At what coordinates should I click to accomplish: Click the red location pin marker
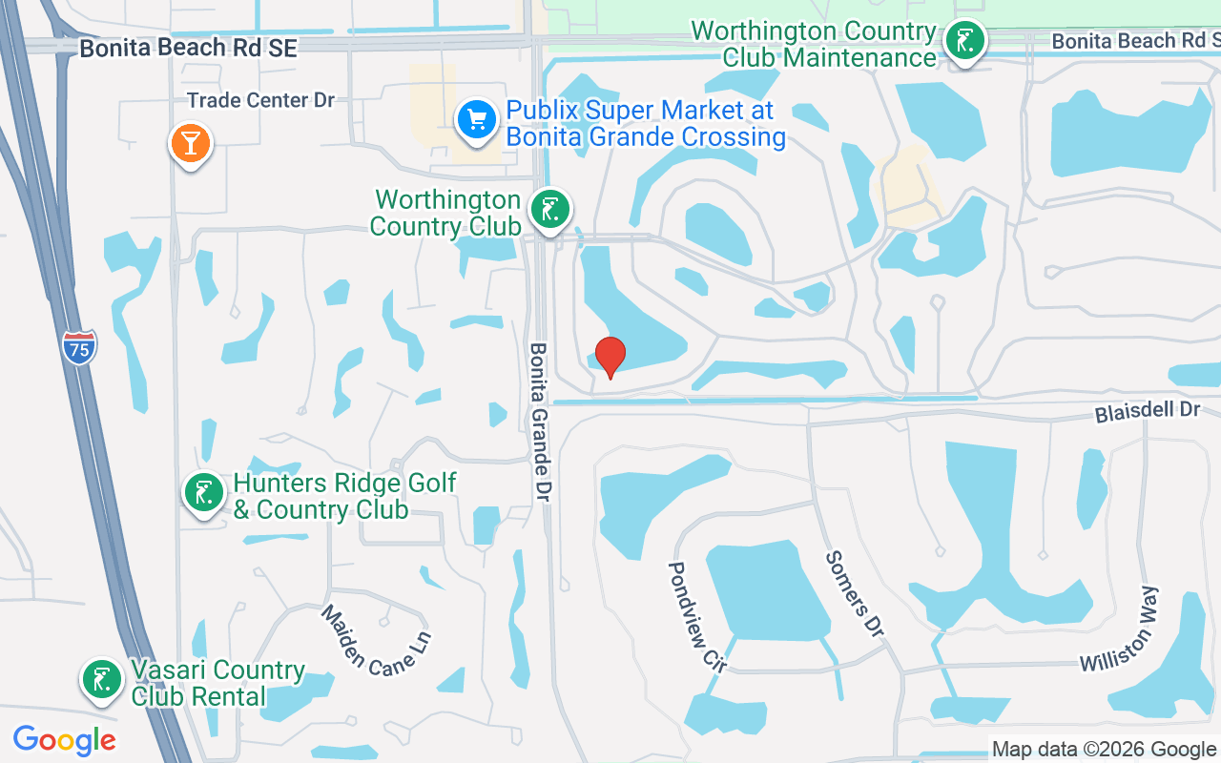(610, 358)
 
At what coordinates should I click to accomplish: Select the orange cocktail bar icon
(191, 144)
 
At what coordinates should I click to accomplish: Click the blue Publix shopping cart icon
(477, 120)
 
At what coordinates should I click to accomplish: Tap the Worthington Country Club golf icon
(549, 209)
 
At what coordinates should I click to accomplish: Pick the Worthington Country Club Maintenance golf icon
(966, 42)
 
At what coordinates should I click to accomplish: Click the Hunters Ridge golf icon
(204, 493)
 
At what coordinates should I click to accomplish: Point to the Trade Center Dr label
(260, 100)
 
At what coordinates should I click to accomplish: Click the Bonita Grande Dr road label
(540, 418)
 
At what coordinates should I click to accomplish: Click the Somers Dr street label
(854, 593)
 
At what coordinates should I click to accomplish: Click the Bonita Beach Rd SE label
(188, 48)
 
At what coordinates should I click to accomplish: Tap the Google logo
(64, 739)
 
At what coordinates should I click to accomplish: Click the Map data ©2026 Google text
(1105, 750)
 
